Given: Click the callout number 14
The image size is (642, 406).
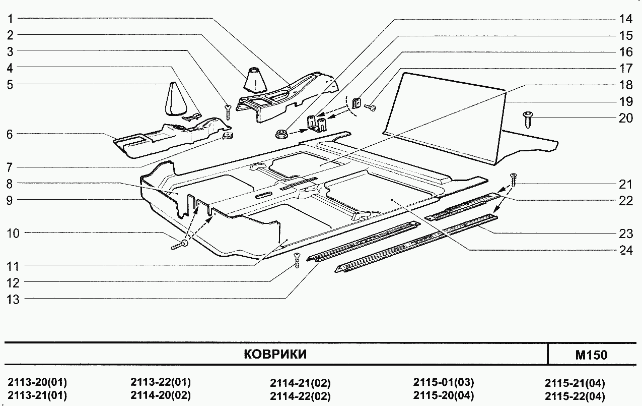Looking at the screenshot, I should pyautogui.click(x=625, y=20).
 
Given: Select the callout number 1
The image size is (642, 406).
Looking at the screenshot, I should pyautogui.click(x=11, y=19).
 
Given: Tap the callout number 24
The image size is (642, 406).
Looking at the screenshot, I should pyautogui.click(x=626, y=250).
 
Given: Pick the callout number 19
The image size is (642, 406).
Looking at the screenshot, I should pyautogui.click(x=626, y=102).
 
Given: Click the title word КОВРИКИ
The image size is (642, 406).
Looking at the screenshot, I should pyautogui.click(x=275, y=354).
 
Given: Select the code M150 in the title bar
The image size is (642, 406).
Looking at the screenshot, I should pyautogui.click(x=591, y=355).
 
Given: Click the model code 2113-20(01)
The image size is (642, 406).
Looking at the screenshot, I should pyautogui.click(x=38, y=382).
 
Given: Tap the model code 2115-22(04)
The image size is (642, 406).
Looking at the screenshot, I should pyautogui.click(x=575, y=396).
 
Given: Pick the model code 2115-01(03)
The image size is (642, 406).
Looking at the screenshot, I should pyautogui.click(x=443, y=382).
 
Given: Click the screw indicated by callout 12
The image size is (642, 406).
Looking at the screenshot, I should pyautogui.click(x=297, y=260).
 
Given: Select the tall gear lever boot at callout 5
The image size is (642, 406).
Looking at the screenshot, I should pyautogui.click(x=173, y=100).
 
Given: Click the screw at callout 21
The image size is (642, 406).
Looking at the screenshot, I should pyautogui.click(x=514, y=178).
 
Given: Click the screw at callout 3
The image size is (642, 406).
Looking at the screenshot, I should pyautogui.click(x=228, y=111).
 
